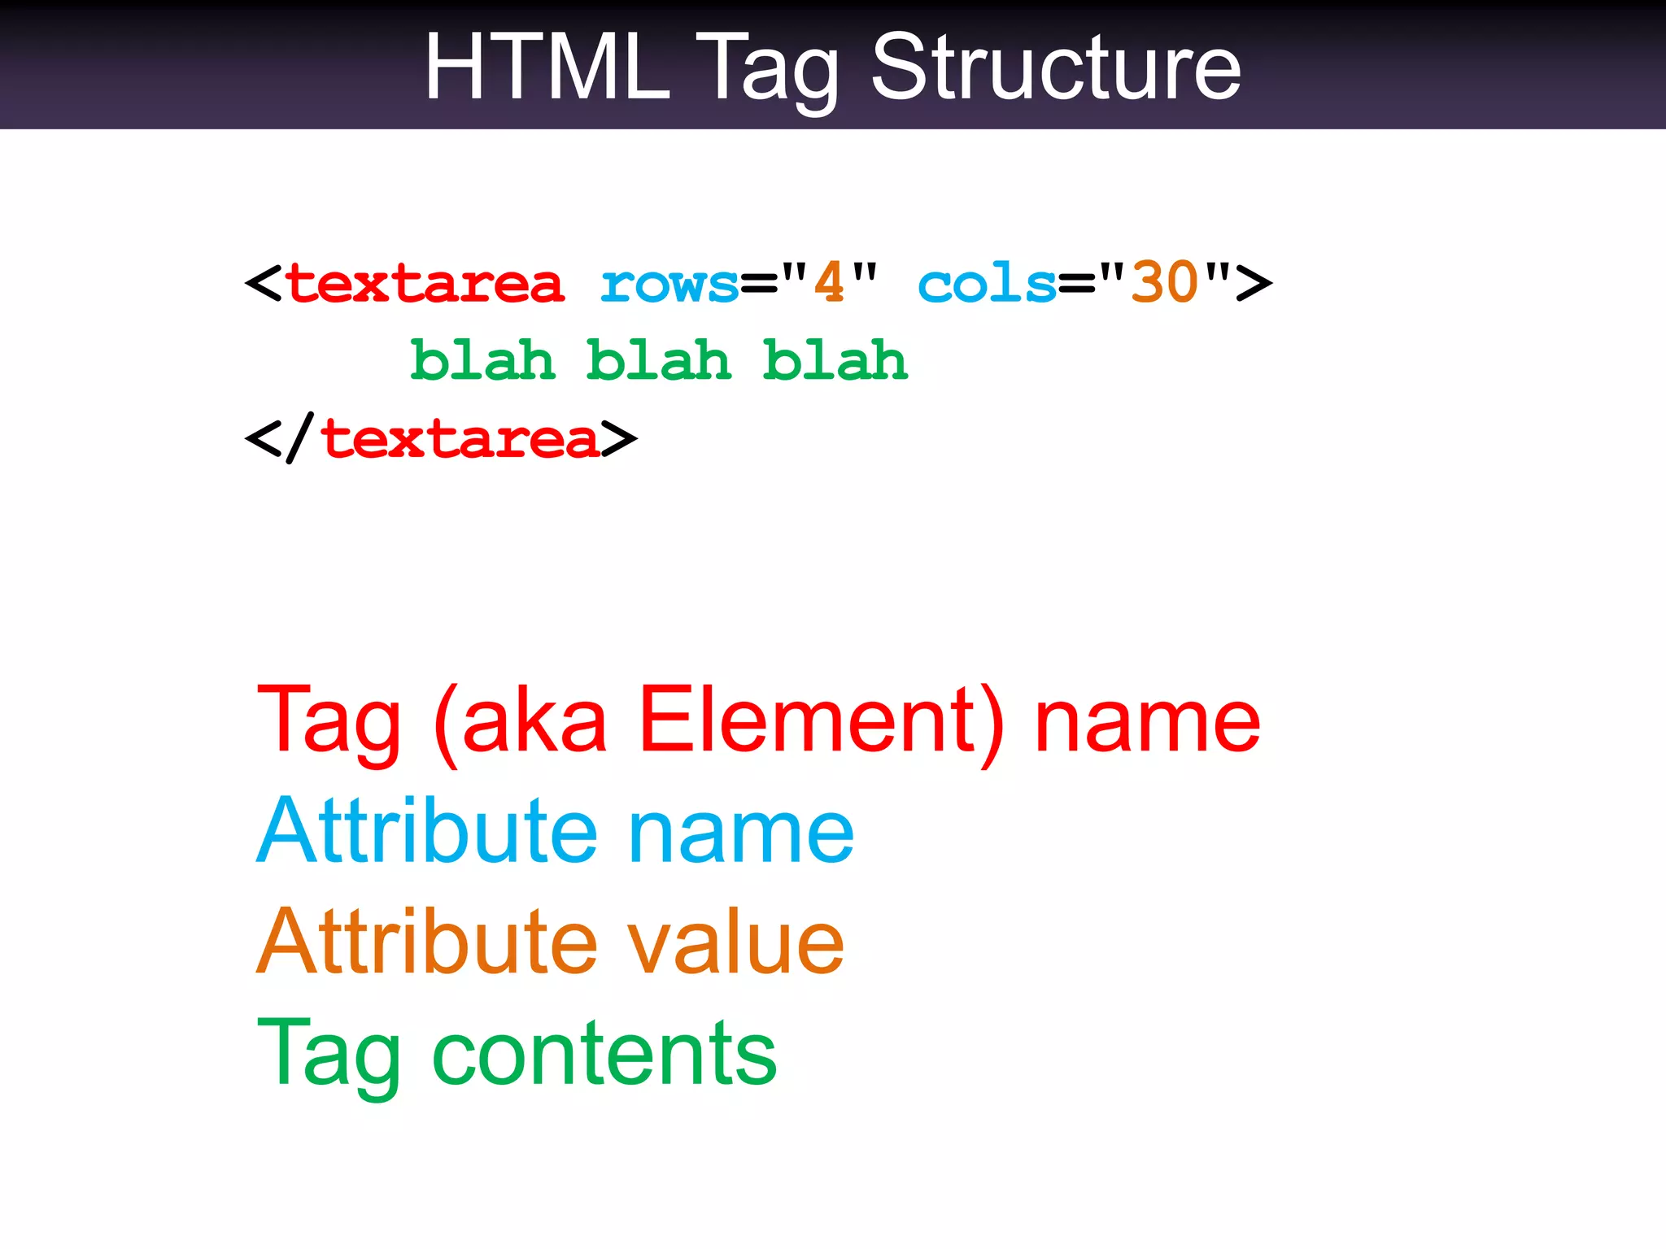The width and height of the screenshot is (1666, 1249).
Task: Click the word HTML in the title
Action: [x=547, y=68]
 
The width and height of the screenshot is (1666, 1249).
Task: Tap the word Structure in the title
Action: [x=1056, y=68]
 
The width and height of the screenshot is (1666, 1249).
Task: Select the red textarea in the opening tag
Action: [x=425, y=284]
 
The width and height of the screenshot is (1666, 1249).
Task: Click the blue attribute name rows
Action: [x=669, y=285]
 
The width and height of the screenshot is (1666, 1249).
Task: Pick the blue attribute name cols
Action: [x=987, y=285]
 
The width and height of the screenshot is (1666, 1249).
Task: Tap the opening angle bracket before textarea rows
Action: [x=263, y=284]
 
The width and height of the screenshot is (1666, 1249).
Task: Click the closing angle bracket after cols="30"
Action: [x=1254, y=284]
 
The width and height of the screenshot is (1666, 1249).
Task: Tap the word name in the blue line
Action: [x=741, y=832]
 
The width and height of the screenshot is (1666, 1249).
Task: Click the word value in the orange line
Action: [x=735, y=942]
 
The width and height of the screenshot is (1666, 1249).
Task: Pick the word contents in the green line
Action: [x=604, y=1054]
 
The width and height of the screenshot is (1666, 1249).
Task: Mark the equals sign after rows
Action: [x=759, y=285]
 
